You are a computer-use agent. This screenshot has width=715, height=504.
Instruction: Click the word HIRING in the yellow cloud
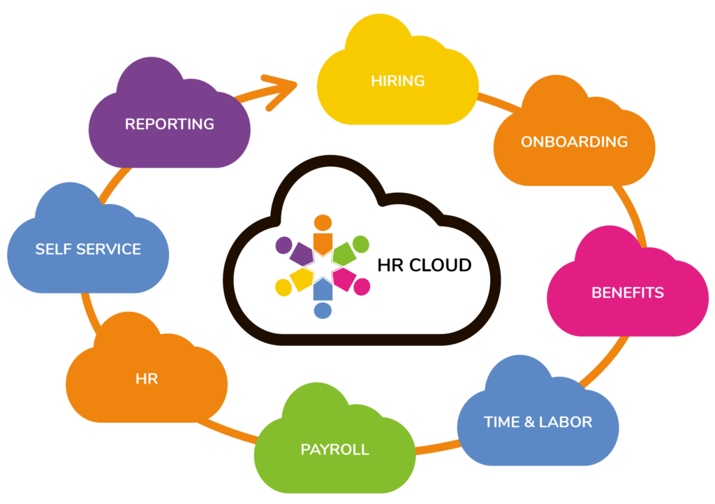[x=397, y=81]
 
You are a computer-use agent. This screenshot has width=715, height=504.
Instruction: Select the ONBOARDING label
[x=574, y=142]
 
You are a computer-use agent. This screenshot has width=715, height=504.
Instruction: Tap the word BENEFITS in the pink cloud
[x=628, y=293]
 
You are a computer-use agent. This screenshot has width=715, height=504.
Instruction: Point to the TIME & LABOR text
[x=538, y=422]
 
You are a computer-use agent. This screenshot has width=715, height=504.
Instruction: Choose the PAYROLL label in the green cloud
[x=334, y=449]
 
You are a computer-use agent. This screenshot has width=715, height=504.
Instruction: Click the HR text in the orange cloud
[x=147, y=380]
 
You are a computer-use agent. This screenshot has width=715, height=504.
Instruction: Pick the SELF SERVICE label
[x=88, y=250]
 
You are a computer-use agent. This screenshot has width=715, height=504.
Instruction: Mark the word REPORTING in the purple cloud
[x=169, y=124]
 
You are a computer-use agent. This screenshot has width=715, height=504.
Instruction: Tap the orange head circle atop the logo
[x=323, y=222]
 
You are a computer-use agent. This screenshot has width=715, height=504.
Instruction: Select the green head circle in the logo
[x=360, y=244]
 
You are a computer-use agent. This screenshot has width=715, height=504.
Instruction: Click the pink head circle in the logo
[x=362, y=287]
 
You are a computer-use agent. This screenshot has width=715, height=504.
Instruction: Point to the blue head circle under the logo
[x=323, y=310]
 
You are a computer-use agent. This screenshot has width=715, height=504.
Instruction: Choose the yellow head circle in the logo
[x=283, y=287]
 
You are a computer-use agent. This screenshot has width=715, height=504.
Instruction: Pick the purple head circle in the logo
[x=283, y=245]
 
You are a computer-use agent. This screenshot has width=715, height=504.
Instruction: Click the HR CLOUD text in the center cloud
[x=424, y=266]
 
